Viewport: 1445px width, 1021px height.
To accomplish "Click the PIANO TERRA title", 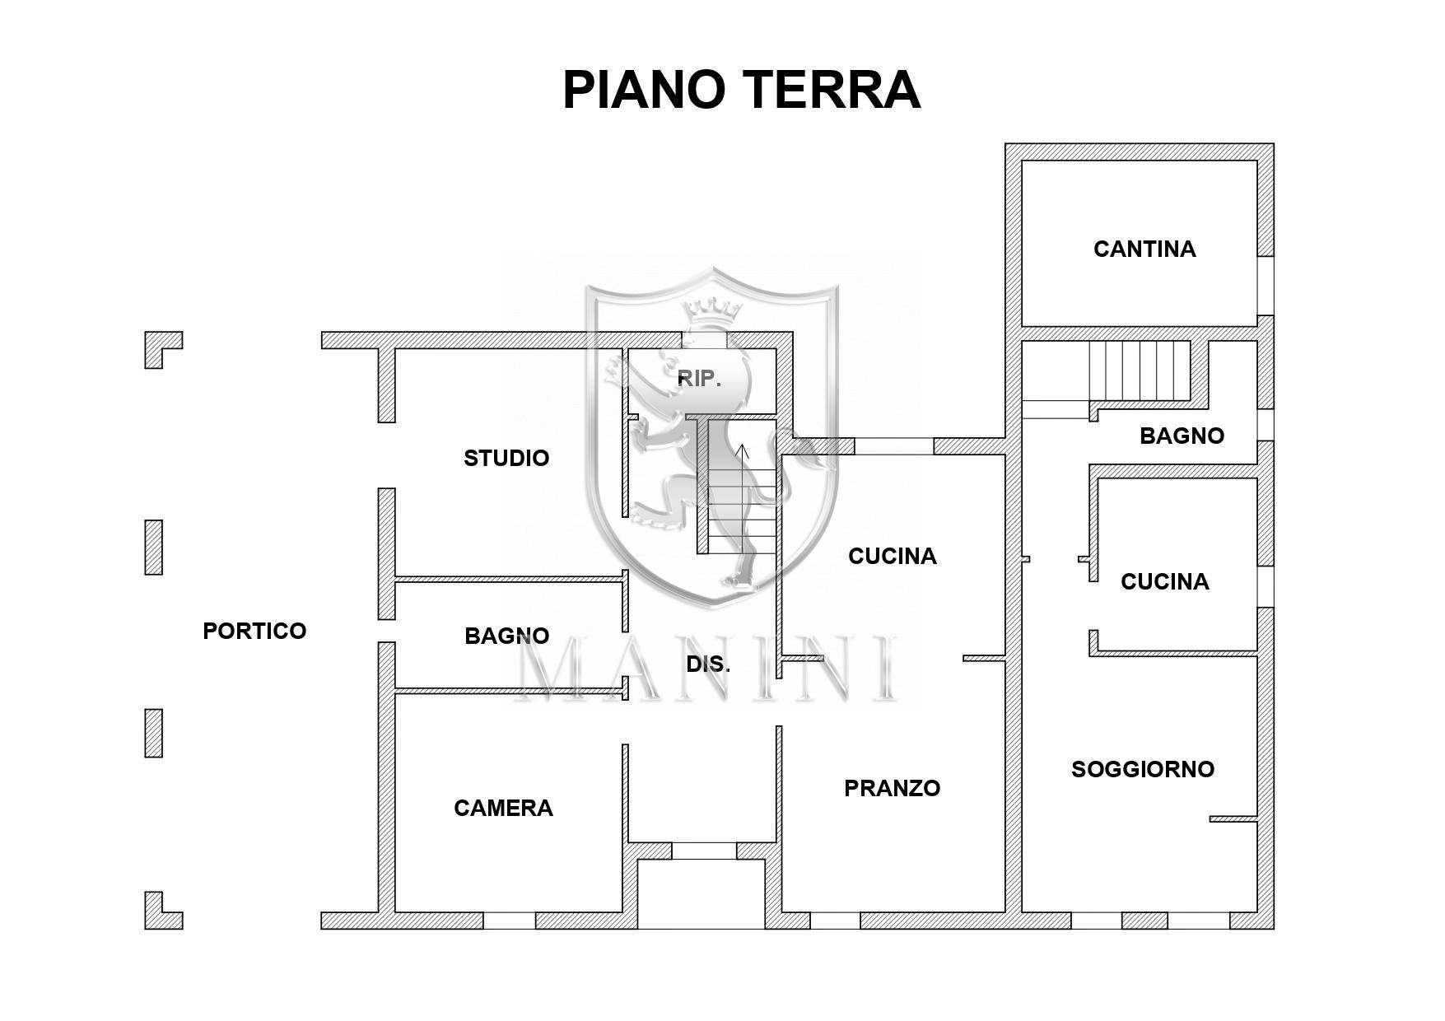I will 740,90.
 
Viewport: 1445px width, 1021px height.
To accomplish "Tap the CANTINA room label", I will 1144,249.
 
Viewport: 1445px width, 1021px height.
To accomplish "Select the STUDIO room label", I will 506,458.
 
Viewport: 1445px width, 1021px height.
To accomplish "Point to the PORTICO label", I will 254,631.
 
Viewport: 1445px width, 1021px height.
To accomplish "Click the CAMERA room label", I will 503,808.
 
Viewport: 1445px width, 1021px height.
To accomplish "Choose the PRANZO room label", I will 892,788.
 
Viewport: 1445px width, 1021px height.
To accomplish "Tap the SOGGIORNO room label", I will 1142,769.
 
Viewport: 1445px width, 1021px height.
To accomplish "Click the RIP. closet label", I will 699,379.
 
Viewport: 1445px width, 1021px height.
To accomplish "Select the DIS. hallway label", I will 708,664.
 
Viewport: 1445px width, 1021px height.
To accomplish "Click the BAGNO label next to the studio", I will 506,636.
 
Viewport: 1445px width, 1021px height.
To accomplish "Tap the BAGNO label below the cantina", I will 1182,436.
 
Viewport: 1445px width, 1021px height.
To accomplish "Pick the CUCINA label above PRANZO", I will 892,557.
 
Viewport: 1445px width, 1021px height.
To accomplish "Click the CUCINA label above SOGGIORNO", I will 1164,581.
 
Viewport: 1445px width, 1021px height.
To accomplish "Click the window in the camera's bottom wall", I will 509,921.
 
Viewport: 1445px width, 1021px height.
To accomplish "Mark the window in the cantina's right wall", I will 1266,286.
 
